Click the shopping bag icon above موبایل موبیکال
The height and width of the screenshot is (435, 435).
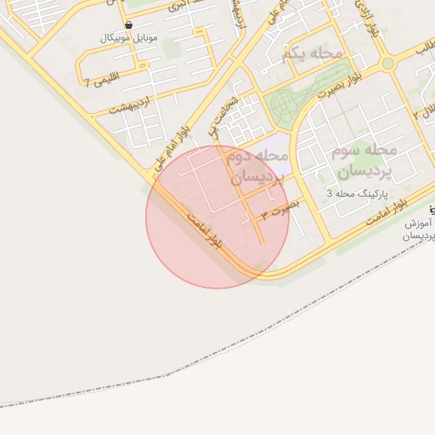[x=128, y=25]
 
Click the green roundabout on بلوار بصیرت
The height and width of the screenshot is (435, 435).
[x=387, y=63]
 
